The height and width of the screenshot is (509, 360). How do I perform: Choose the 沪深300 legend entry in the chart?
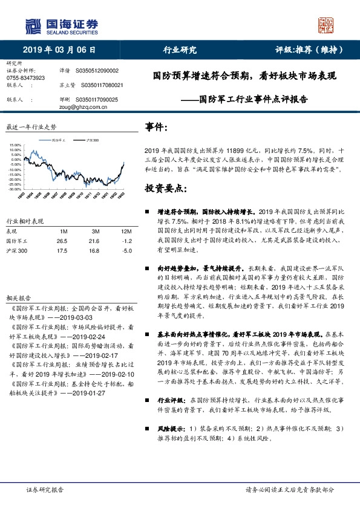pyautogui.click(x=91, y=140)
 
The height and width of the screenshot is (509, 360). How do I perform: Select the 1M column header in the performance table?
pyautogui.click(x=63, y=232)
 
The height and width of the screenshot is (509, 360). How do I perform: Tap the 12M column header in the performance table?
pyautogui.click(x=126, y=232)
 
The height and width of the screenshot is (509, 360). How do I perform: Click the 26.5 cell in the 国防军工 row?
pyautogui.click(x=62, y=241)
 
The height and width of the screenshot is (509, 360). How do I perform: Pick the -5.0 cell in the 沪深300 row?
pyautogui.click(x=126, y=250)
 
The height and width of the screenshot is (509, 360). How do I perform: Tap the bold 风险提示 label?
pyautogui.click(x=171, y=429)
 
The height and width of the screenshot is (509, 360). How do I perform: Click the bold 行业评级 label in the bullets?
pyautogui.click(x=171, y=400)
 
